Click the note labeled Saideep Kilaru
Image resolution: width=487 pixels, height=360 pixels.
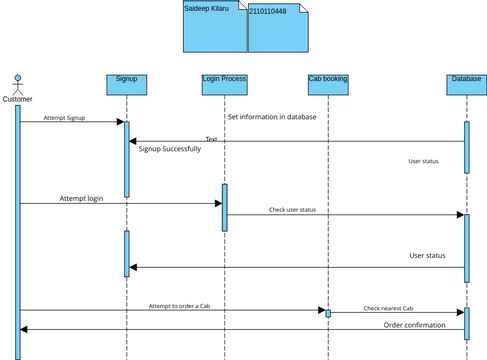[214, 27]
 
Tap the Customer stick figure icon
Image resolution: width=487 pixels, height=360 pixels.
[17, 82]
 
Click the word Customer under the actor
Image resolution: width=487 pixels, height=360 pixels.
[17, 98]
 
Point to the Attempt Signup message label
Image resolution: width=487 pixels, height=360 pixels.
[64, 118]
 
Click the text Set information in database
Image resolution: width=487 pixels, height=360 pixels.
[272, 117]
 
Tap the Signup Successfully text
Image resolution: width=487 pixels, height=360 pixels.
[169, 149]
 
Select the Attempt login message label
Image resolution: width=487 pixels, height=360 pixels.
[81, 199]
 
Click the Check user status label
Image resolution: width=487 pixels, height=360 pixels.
[292, 210]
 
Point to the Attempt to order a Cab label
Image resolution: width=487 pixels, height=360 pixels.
[179, 305]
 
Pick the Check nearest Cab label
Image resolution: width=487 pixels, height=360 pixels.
[388, 309]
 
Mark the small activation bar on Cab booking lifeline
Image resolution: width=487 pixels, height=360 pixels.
[327, 313]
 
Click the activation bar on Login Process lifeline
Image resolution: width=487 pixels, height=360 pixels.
[225, 207]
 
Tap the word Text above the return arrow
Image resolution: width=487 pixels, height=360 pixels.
[211, 139]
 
